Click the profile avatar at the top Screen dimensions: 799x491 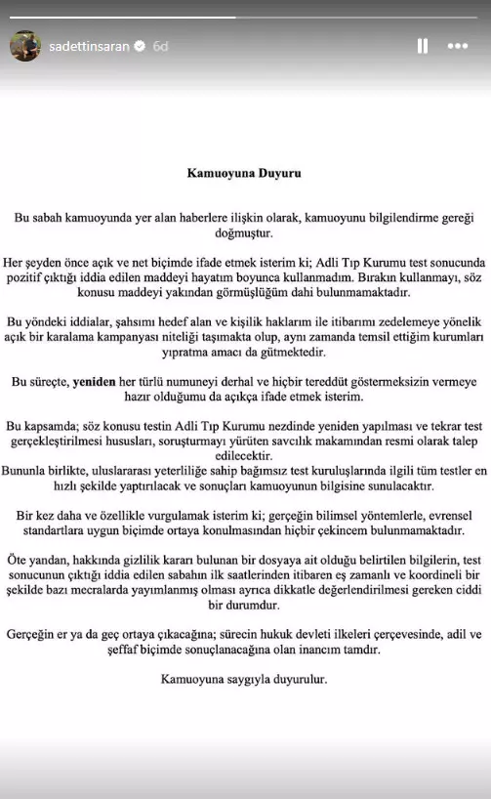point(25,46)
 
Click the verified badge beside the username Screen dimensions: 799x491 point(140,46)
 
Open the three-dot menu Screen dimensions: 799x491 point(457,46)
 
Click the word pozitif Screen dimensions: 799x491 point(24,277)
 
